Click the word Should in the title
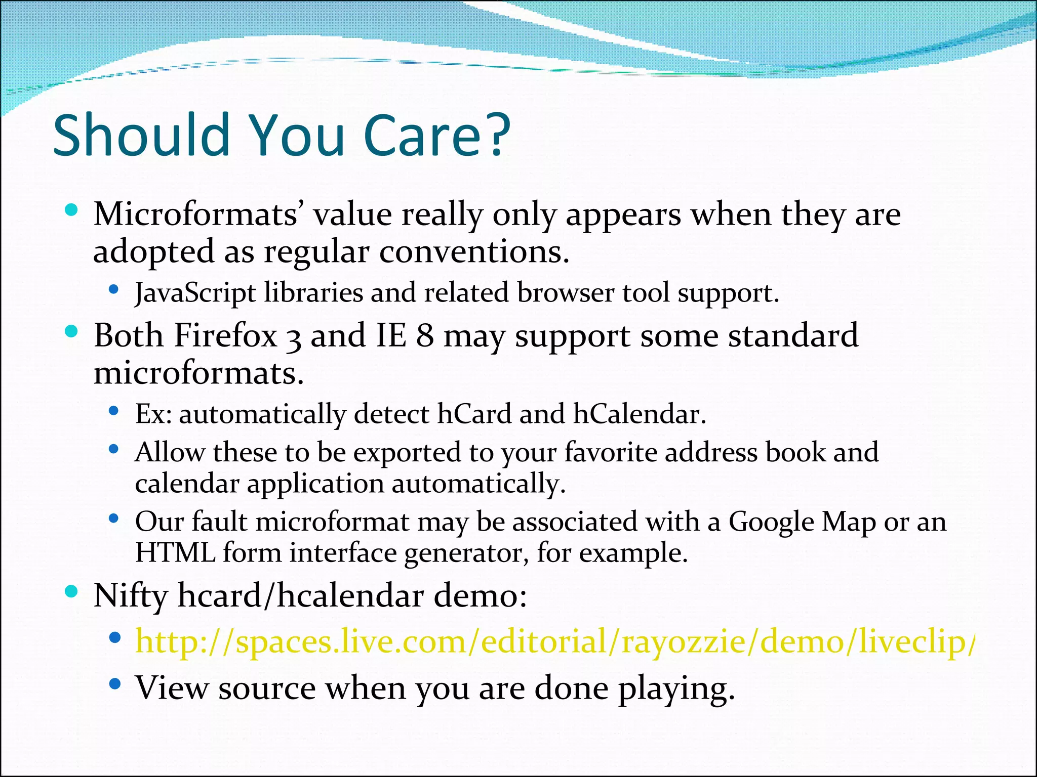pos(142,136)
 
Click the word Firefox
pos(225,336)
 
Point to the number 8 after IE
pos(424,336)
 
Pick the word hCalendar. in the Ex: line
pos(639,415)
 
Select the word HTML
pos(175,553)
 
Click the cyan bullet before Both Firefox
pos(71,332)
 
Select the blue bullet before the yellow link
pos(115,637)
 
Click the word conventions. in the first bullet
pos(474,252)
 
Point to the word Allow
pos(170,453)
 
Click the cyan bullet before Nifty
pos(71,591)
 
